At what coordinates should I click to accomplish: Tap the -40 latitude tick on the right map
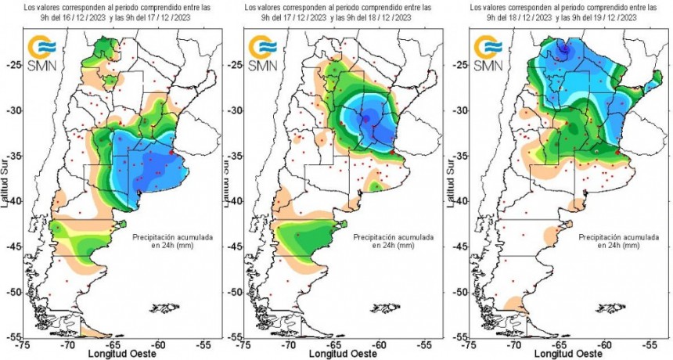(x=462, y=201)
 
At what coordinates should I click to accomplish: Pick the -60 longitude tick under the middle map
(x=379, y=343)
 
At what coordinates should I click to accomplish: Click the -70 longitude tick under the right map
(x=513, y=343)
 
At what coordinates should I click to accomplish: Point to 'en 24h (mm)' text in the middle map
(x=386, y=245)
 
